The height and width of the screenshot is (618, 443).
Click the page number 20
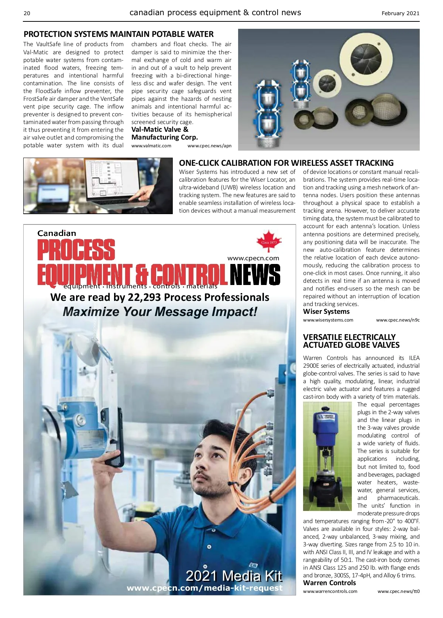(x=27, y=13)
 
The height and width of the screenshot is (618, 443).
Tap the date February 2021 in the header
(x=400, y=13)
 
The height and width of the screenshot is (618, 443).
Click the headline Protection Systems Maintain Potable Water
(x=119, y=34)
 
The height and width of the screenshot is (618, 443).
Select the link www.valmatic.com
(x=151, y=146)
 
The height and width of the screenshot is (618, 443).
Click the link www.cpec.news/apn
(x=209, y=146)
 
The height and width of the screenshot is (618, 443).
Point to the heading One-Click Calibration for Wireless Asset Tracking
(x=286, y=163)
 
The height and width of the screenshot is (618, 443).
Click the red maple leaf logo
(x=269, y=241)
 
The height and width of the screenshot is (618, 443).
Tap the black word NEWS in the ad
(x=255, y=275)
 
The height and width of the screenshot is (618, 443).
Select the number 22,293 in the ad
(x=144, y=297)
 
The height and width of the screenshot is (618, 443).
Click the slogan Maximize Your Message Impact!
(x=160, y=312)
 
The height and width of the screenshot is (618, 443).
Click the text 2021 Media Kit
(x=234, y=576)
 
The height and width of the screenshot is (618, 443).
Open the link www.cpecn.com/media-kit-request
(x=205, y=588)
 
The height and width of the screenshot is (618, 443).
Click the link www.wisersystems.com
(x=328, y=320)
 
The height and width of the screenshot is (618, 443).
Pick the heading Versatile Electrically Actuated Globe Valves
(x=351, y=341)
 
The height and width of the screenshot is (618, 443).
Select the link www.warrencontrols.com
(x=330, y=591)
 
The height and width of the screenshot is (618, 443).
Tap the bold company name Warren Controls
(x=329, y=583)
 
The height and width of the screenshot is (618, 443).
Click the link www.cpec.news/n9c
(x=398, y=320)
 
